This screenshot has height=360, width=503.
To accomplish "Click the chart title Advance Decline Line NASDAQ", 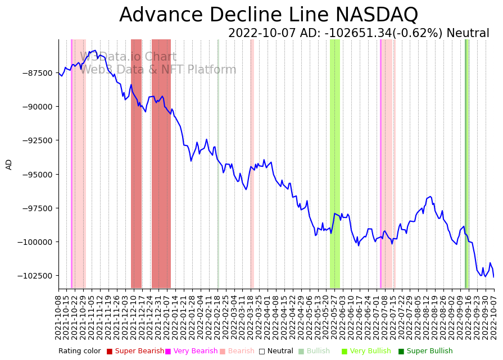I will click(x=269, y=15).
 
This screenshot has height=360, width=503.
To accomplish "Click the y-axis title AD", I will click(x=9, y=164).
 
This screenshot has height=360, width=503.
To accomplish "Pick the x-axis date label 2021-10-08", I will click(x=58, y=317).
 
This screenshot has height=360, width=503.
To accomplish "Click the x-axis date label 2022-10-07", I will click(x=494, y=317).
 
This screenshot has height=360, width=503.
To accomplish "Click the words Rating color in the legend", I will click(x=79, y=351).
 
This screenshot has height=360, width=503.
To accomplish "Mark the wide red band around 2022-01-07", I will click(x=161, y=163).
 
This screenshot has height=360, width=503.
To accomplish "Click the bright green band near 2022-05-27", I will click(x=335, y=163).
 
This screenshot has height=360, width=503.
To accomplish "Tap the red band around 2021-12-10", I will click(x=136, y=163).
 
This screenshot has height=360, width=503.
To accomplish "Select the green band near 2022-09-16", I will click(x=467, y=163).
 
